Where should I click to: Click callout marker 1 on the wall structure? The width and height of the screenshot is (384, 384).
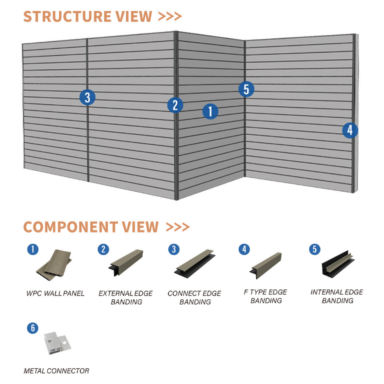tap(210, 112)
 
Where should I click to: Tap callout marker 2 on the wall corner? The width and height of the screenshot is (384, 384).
tap(175, 105)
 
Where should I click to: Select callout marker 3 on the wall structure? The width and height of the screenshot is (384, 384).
tap(87, 97)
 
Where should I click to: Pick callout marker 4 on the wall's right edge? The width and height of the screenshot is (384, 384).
tap(350, 130)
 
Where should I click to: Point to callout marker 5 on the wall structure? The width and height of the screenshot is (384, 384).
tap(246, 89)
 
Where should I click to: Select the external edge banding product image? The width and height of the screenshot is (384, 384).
tap(126, 263)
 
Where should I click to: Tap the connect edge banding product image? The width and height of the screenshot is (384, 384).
tap(195, 263)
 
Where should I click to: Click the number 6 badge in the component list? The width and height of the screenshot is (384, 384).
tap(33, 328)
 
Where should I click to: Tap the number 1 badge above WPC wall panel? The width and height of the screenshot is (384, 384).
tap(33, 249)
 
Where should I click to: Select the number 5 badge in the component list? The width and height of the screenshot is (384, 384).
tap(314, 249)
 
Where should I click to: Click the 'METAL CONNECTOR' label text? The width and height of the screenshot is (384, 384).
tap(56, 371)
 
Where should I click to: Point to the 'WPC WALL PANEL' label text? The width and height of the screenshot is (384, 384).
tap(55, 293)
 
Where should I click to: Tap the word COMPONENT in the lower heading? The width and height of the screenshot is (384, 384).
tap(70, 227)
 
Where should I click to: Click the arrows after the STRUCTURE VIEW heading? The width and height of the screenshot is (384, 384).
tap(170, 16)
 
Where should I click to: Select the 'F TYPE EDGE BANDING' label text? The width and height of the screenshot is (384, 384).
tap(266, 296)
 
